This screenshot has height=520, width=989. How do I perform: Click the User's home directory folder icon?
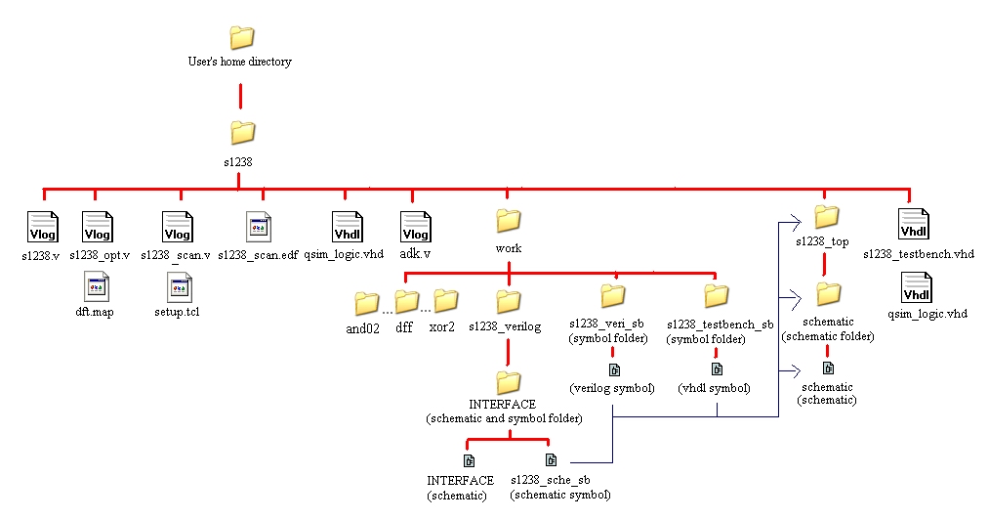click(241, 38)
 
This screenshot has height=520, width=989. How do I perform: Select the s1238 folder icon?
click(241, 132)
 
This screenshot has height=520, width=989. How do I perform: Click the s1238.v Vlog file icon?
click(43, 227)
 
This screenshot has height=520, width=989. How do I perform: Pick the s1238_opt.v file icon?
click(98, 227)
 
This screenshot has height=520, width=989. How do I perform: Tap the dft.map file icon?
click(97, 286)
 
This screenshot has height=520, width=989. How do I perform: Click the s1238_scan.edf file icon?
click(259, 227)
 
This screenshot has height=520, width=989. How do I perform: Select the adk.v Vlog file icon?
click(416, 227)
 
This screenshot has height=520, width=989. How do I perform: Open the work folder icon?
click(509, 219)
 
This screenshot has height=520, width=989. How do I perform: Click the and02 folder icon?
click(366, 303)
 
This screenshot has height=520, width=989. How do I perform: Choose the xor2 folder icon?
click(445, 300)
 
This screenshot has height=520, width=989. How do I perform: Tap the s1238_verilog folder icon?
click(509, 300)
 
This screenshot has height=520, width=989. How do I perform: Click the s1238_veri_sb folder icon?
click(612, 294)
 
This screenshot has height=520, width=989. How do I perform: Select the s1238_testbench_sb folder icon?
click(717, 294)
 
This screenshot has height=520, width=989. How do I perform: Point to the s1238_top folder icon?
click(827, 215)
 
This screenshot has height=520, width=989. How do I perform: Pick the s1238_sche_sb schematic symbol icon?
click(551, 459)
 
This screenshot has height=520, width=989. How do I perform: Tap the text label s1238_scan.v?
click(176, 255)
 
